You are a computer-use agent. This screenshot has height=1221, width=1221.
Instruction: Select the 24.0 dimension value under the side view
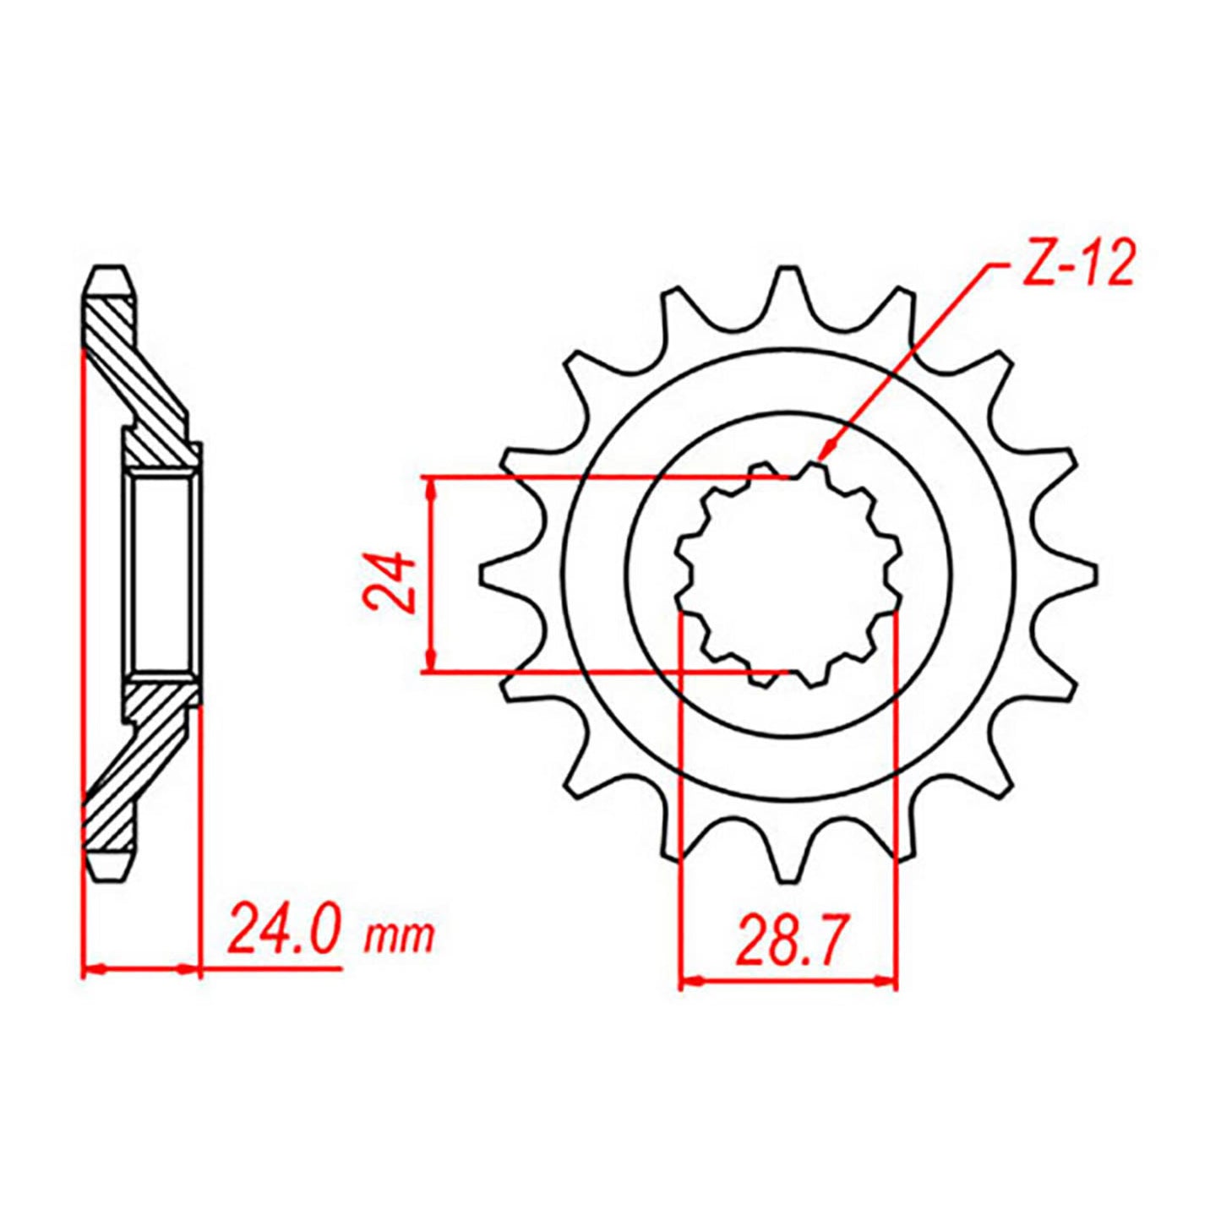click(283, 929)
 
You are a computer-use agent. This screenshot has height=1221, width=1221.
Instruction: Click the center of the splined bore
click(788, 575)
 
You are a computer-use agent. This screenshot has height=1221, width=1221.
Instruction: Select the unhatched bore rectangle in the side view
click(161, 575)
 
